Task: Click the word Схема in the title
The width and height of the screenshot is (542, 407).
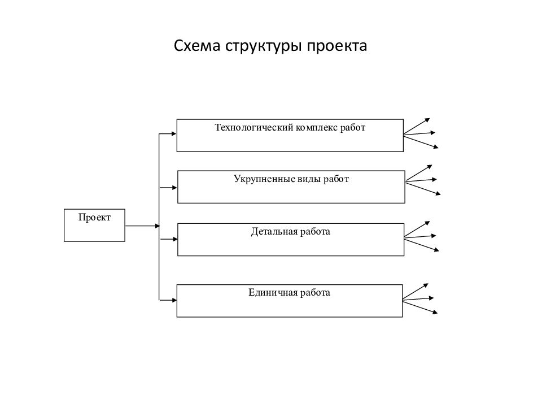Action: [197, 46]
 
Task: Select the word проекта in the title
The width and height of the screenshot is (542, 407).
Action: [337, 46]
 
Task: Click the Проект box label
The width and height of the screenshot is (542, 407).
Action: [94, 217]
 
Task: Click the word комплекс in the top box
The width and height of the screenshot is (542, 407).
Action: [316, 127]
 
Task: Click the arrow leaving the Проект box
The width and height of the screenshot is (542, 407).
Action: [142, 226]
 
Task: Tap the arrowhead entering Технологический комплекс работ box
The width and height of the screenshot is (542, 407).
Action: [174, 134]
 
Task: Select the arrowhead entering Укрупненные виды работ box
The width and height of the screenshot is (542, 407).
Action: [174, 188]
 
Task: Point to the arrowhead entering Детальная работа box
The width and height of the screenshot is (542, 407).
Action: [174, 239]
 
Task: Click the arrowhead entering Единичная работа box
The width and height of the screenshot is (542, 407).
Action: [174, 300]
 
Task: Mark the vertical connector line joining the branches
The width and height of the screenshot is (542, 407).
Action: [159, 217]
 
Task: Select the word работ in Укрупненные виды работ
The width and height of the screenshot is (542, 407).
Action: [336, 179]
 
